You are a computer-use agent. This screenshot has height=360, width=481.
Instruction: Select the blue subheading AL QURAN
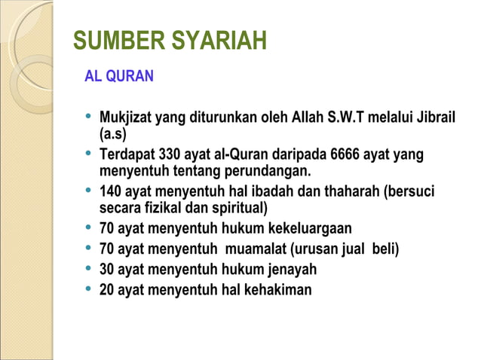click(119, 76)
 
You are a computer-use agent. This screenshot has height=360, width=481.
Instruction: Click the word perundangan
click(265, 171)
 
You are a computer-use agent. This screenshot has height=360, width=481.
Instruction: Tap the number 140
click(112, 191)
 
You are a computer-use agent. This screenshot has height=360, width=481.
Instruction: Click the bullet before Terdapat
click(89, 154)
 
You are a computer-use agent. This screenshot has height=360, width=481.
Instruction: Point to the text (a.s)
click(113, 135)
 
